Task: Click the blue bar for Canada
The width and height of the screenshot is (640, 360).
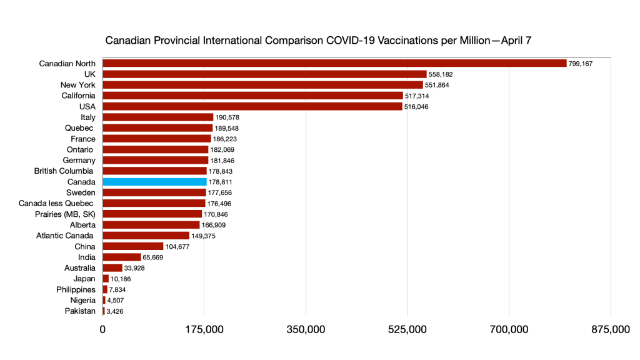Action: (154, 182)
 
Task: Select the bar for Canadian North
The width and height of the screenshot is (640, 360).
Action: (334, 63)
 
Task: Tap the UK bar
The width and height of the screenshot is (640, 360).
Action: (264, 74)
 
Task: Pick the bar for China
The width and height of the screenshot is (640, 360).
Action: (132, 246)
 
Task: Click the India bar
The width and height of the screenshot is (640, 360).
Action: (121, 257)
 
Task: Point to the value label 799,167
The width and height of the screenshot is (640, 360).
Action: (581, 64)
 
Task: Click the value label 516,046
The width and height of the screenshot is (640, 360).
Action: (417, 107)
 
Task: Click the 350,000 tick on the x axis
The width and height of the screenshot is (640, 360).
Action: (306, 329)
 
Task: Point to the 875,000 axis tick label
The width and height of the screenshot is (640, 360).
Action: (611, 329)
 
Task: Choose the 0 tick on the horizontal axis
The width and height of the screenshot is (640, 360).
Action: (102, 329)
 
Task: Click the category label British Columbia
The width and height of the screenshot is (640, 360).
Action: (64, 171)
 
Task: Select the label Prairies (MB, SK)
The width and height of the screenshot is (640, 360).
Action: (65, 214)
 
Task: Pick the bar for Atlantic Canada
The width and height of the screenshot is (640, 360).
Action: (146, 236)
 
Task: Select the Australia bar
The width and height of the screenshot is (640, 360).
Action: (112, 268)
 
